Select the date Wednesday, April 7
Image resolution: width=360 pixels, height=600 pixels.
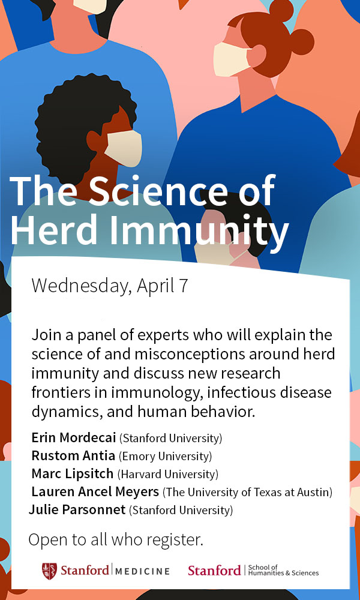[x=110, y=285]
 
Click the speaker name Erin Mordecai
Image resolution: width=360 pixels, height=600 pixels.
[x=74, y=437]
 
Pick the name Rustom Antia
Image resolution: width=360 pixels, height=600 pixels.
[x=73, y=456]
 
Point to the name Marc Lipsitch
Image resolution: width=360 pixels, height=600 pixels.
[x=73, y=474]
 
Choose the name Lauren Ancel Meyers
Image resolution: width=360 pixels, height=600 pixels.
[x=95, y=492]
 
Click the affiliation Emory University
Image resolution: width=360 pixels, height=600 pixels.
[x=165, y=456]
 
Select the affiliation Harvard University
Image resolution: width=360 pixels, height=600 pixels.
[x=167, y=475]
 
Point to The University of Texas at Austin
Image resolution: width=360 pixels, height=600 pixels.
[x=248, y=493]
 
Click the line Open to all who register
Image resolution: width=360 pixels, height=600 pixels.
[x=116, y=539]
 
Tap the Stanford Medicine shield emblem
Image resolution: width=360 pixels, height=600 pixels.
[x=49, y=571]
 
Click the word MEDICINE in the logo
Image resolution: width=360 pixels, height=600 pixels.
[x=142, y=572]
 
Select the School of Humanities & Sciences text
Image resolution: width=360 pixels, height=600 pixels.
[x=283, y=570]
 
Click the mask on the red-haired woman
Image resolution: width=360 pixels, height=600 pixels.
[x=232, y=59]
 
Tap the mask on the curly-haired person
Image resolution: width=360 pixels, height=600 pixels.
[x=124, y=148]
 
